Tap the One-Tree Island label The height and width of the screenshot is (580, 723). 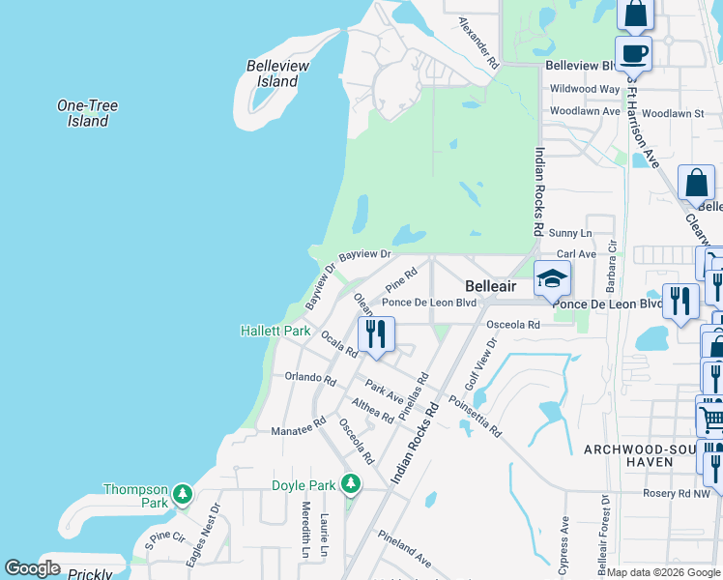click(87, 113)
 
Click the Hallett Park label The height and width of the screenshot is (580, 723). click(275, 331)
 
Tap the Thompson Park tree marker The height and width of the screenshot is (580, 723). click(183, 496)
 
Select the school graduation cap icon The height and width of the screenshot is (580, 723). click(552, 279)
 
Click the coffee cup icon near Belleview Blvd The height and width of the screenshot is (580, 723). click(633, 52)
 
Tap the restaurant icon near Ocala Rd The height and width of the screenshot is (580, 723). click(374, 333)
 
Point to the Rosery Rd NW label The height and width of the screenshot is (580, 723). click(677, 493)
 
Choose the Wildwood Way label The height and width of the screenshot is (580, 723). click(584, 89)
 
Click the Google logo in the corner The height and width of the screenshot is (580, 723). click(33, 568)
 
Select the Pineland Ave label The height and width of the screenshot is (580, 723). click(405, 547)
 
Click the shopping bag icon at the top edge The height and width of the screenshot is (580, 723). click(636, 14)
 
